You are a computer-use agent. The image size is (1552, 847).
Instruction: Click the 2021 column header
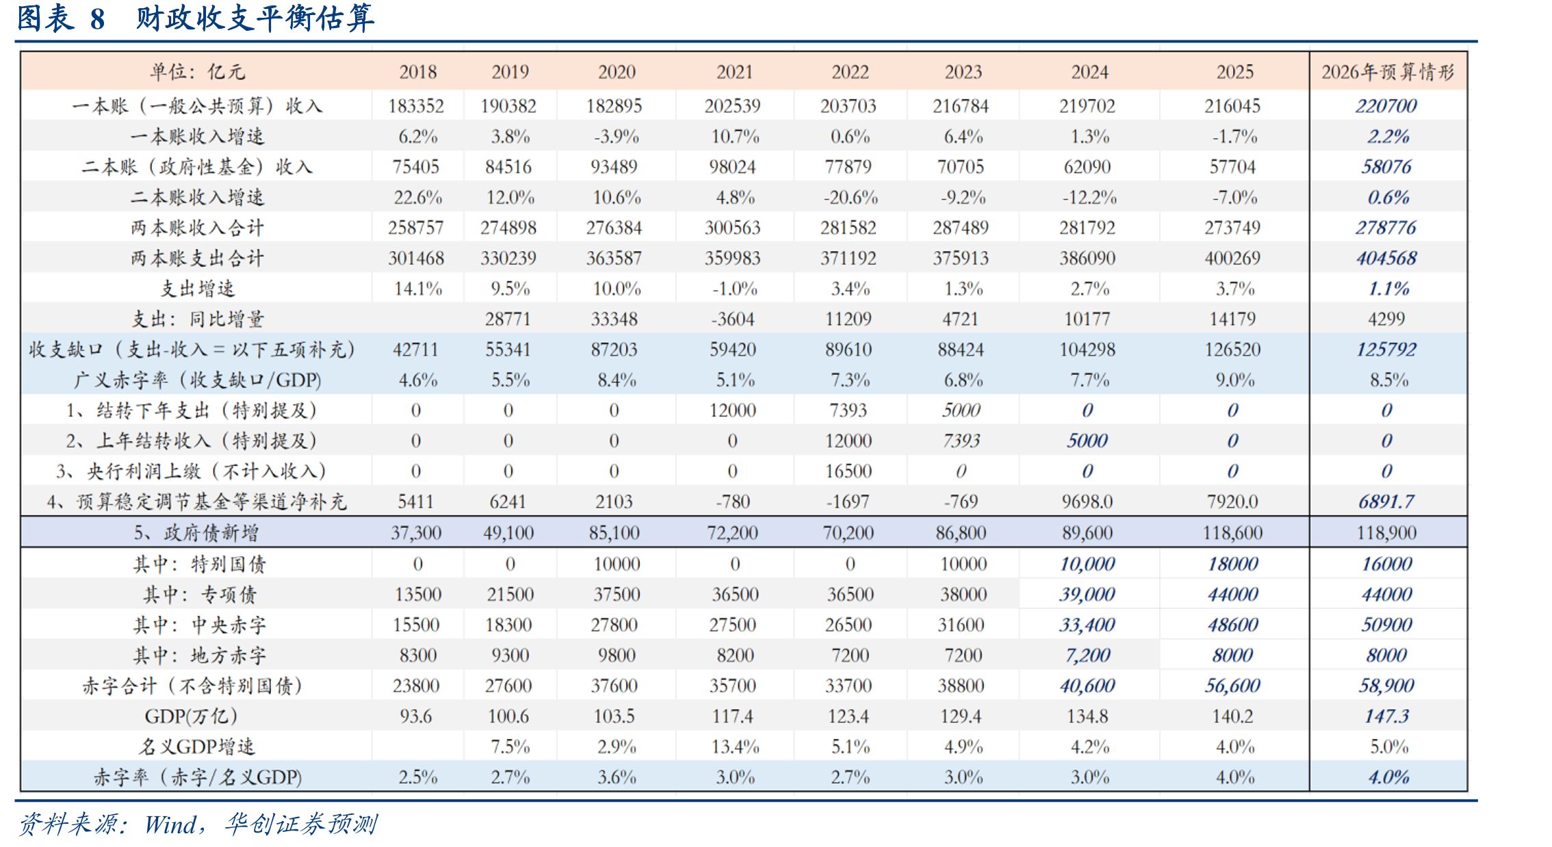[x=734, y=72]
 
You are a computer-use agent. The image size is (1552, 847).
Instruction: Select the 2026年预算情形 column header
[x=1388, y=72]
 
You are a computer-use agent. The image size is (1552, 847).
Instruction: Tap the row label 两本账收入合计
[x=197, y=228]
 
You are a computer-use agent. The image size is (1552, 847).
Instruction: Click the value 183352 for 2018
[x=416, y=106]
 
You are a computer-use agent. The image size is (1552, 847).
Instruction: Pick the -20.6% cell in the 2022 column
[x=850, y=198]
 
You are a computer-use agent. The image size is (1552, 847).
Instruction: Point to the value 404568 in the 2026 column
[x=1386, y=258]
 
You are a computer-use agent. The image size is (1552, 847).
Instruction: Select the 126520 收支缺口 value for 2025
[x=1232, y=350]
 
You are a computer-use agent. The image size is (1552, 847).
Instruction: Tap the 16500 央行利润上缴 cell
[x=849, y=471]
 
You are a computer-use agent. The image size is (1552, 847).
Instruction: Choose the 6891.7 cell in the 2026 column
[x=1386, y=501]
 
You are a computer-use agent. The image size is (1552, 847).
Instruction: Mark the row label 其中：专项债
[x=199, y=595]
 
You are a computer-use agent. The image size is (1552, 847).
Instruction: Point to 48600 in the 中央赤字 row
[x=1233, y=625]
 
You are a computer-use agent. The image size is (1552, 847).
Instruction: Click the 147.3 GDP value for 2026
[x=1386, y=716]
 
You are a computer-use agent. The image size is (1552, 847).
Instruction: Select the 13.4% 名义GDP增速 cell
[x=735, y=746]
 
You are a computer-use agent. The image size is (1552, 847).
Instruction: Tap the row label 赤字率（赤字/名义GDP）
[x=197, y=777]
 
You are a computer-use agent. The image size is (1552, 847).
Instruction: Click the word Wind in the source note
[x=170, y=824]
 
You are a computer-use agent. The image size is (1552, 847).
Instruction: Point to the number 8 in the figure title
[x=97, y=19]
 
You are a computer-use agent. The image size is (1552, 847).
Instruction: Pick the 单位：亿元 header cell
[x=197, y=72]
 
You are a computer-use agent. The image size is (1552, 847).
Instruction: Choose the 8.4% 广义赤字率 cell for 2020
[x=617, y=380]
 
